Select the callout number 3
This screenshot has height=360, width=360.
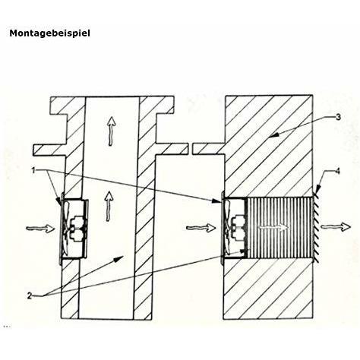pos(326,116)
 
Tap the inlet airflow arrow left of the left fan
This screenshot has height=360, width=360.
pos(37,226)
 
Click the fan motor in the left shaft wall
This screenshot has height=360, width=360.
pos(77,227)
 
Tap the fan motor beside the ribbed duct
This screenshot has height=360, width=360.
pos(238,227)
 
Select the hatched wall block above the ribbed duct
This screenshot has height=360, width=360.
pos(266,152)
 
